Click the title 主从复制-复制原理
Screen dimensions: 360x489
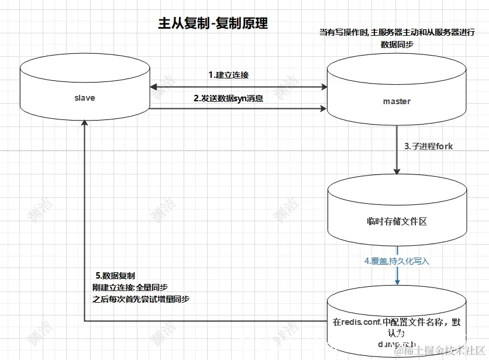coord(212,23)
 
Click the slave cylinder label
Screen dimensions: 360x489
coord(85,98)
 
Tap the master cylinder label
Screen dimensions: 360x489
coord(397,101)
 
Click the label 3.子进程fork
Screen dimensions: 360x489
coord(428,146)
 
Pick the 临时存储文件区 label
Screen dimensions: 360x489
coord(397,221)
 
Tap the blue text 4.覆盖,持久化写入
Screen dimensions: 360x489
coord(397,261)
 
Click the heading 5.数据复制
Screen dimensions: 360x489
coord(115,276)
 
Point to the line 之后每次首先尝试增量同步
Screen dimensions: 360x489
coord(141,299)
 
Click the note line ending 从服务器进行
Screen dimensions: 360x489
coord(397,32)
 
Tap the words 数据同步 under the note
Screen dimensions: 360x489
coord(397,44)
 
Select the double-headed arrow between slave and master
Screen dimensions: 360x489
coord(238,87)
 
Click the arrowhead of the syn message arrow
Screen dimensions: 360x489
coord(323,108)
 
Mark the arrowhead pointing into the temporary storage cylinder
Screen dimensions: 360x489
coord(397,171)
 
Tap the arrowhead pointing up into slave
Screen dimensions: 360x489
coord(85,123)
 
